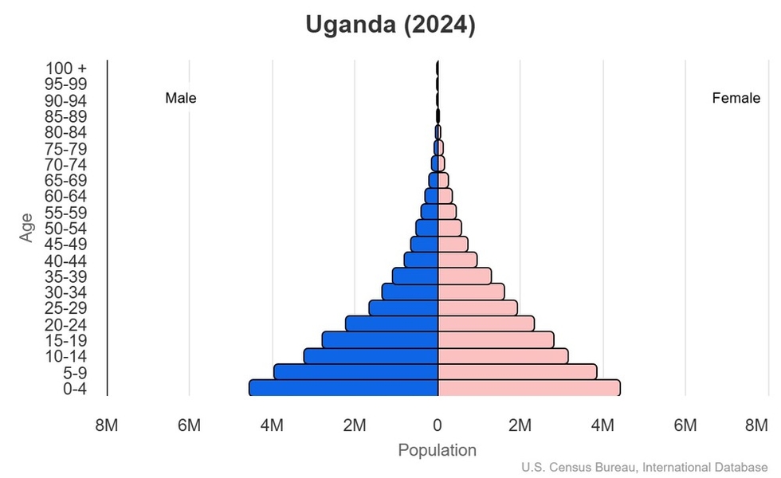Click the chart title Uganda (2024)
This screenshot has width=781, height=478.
coord(390,25)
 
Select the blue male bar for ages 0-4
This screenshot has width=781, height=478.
coord(343,388)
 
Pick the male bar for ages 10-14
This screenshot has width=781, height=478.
coord(371,356)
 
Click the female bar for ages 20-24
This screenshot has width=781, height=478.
coord(485,323)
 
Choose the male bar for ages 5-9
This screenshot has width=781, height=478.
coord(355,372)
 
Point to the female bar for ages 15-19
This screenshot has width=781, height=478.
coord(496,340)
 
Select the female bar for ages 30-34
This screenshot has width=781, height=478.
coord(471,292)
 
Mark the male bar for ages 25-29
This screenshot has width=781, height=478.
coord(403,308)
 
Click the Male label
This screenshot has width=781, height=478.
coord(181,99)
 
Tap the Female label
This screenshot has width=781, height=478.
coord(736,99)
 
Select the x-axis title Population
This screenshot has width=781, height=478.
coord(437,450)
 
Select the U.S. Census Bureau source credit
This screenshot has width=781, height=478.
coord(645,467)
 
